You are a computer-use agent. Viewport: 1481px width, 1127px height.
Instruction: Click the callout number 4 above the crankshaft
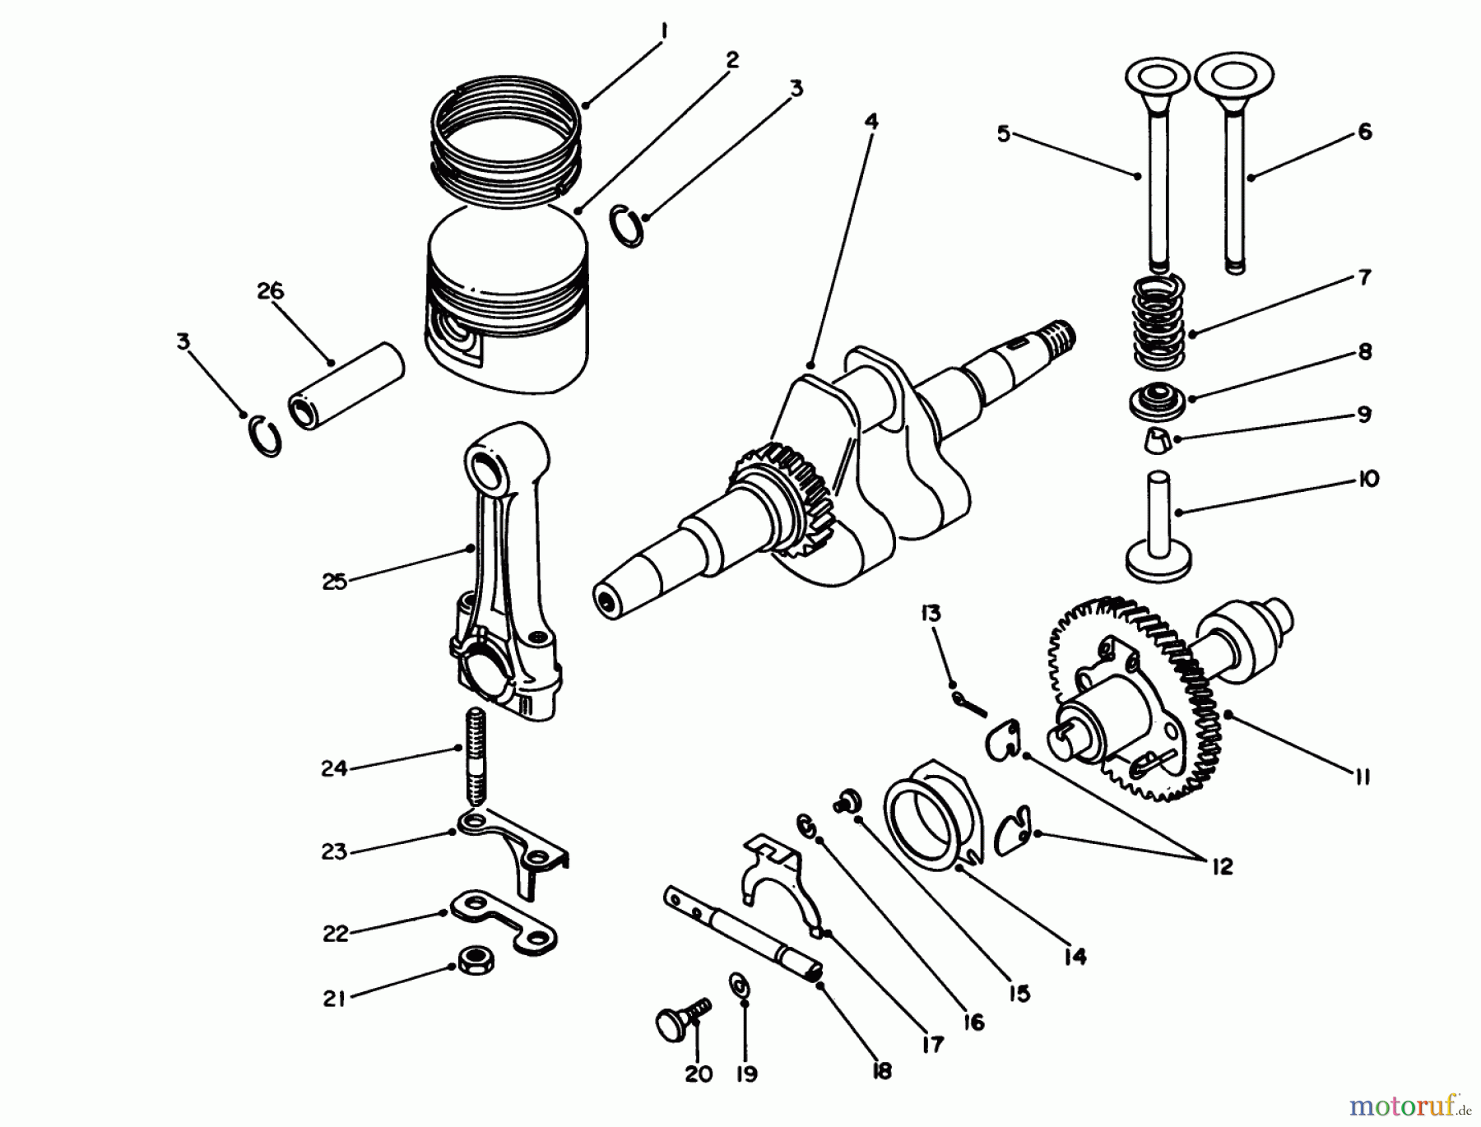[871, 122]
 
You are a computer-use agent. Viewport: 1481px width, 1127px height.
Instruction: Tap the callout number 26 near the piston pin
[270, 291]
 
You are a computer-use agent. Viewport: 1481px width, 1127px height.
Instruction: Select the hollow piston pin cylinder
[346, 387]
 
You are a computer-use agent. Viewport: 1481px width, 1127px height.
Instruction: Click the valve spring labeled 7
[1159, 323]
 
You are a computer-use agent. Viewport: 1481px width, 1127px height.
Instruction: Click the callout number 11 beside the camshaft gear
[1362, 776]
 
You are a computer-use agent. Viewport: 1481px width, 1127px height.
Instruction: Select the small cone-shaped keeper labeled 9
[1157, 441]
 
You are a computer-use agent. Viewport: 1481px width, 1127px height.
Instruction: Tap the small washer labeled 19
[739, 984]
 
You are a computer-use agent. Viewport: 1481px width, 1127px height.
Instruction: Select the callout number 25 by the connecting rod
[334, 582]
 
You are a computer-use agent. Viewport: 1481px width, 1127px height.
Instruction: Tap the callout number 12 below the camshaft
[1222, 866]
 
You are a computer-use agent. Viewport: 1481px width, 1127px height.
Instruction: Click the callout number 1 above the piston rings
[663, 31]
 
